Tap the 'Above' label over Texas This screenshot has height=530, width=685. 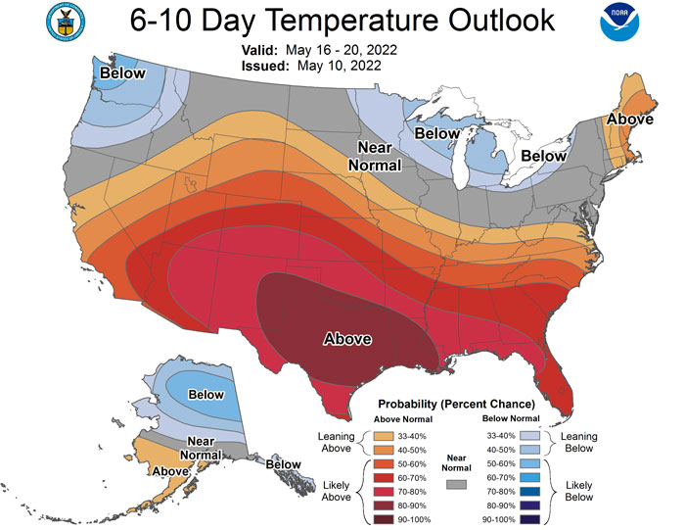tap(347, 339)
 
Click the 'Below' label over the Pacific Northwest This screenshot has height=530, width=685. tap(120, 73)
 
